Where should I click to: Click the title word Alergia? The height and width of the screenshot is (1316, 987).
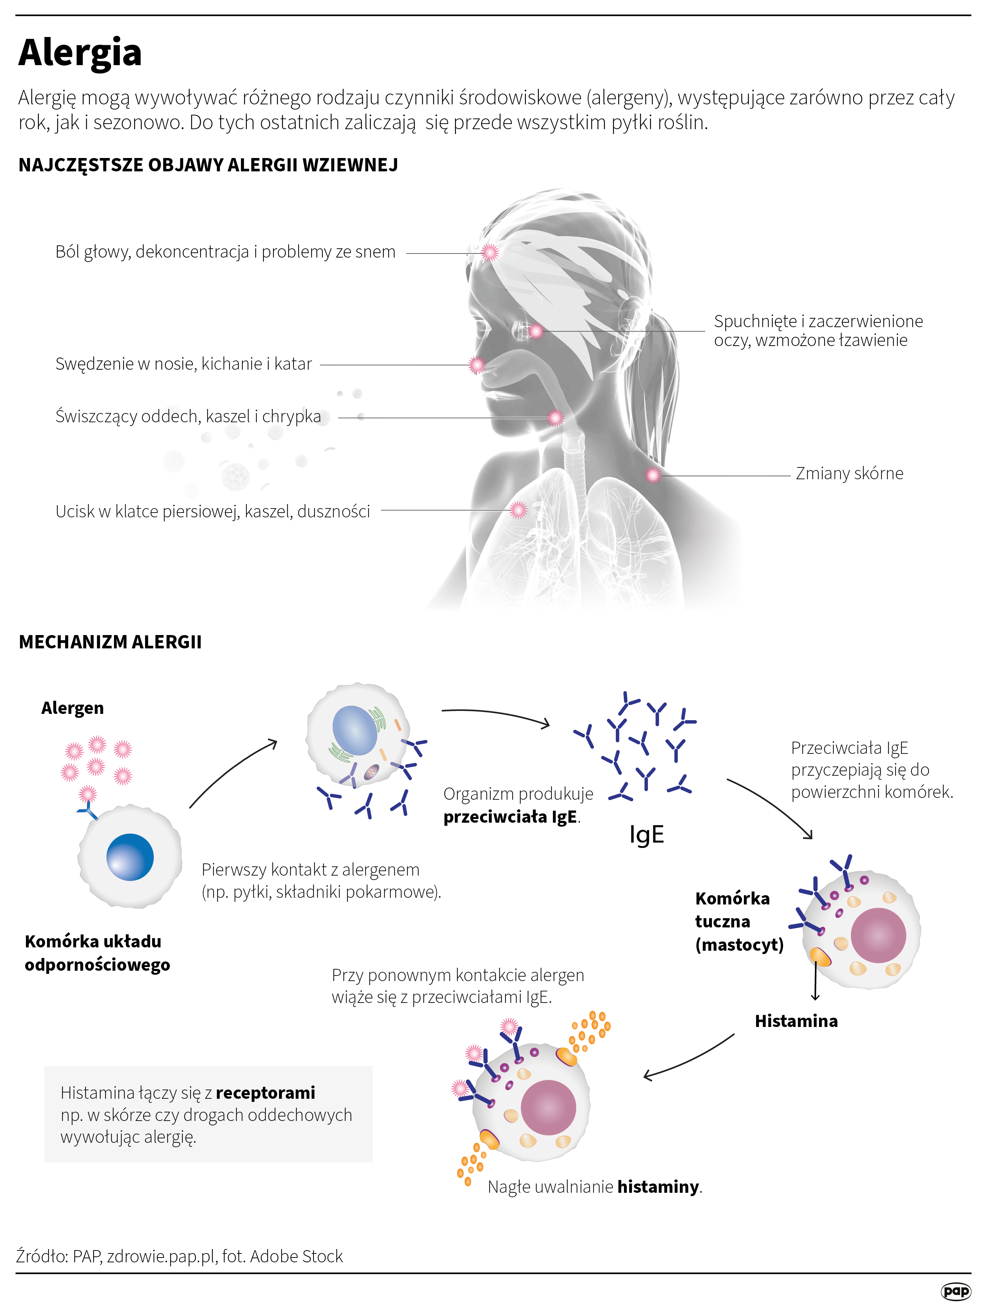[80, 52]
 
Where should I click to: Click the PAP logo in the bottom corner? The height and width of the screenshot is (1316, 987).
[956, 1291]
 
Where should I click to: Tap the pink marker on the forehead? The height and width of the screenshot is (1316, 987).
[490, 252]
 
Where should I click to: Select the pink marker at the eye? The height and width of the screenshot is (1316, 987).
[536, 331]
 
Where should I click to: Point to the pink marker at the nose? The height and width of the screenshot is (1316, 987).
[477, 365]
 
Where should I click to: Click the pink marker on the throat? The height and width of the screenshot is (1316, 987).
[555, 418]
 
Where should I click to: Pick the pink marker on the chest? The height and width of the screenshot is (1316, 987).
[519, 510]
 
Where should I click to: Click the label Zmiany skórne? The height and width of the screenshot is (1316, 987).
[849, 474]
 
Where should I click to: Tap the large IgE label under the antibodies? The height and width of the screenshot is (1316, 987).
[646, 834]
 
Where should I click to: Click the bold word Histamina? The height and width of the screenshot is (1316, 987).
[796, 1021]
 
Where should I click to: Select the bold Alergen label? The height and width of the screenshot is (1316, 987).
[73, 708]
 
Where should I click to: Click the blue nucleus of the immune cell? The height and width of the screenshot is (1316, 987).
[130, 857]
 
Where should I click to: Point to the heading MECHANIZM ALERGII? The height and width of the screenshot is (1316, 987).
[110, 642]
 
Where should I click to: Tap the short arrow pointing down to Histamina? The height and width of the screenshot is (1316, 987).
[815, 982]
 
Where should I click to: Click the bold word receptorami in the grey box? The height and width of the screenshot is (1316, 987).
[265, 1092]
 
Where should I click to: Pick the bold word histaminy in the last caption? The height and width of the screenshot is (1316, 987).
[658, 1187]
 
